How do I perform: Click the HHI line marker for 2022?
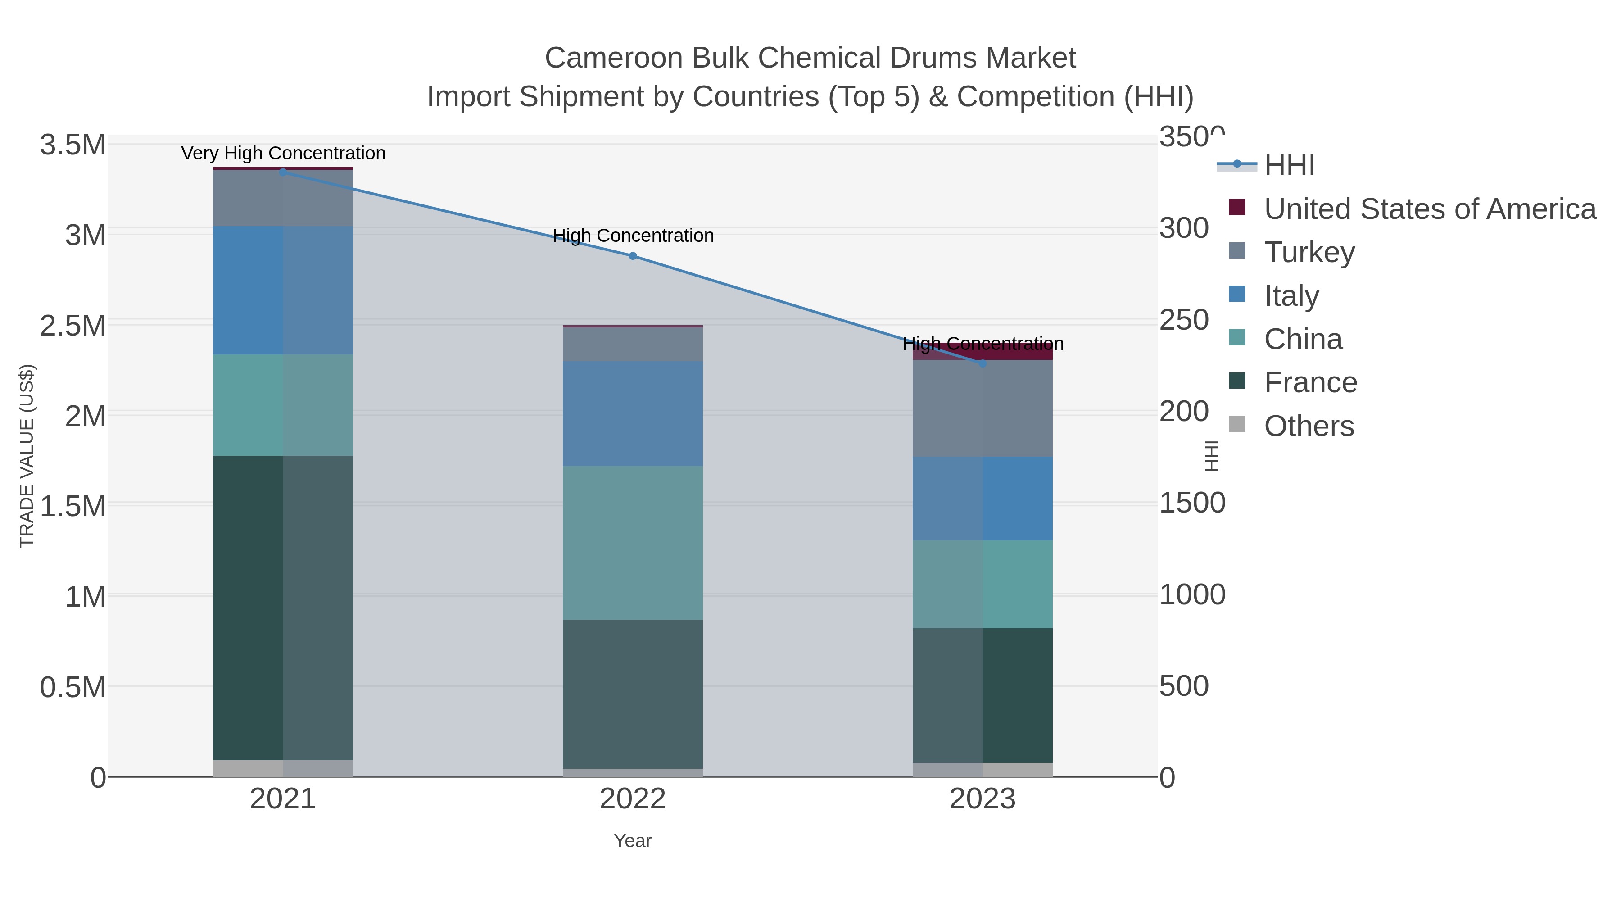click(x=633, y=256)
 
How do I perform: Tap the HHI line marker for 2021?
click(x=282, y=172)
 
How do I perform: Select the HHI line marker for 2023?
click(x=983, y=363)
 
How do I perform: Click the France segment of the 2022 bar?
click(x=633, y=694)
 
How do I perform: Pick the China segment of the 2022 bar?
click(x=633, y=543)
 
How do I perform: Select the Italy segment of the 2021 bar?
click(x=282, y=290)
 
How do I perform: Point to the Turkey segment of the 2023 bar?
click(x=983, y=408)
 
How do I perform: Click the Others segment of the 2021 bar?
click(x=282, y=768)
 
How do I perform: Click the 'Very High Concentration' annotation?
click(x=283, y=153)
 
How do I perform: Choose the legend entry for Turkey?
click(x=1309, y=252)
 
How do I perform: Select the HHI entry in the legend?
click(x=1289, y=166)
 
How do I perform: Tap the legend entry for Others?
click(x=1309, y=426)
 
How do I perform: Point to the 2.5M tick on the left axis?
click(x=72, y=326)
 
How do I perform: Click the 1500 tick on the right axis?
click(x=1192, y=503)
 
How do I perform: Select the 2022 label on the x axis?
click(x=633, y=799)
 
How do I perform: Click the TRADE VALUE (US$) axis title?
click(x=27, y=456)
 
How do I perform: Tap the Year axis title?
click(x=633, y=841)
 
